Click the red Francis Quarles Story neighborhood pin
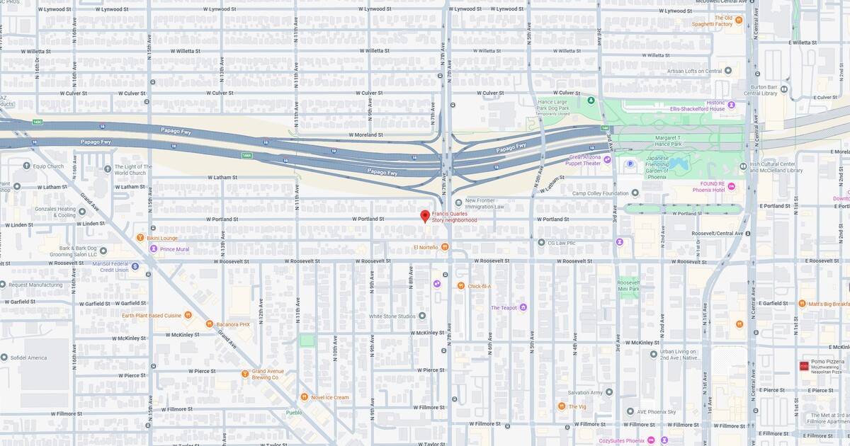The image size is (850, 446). tap(425, 216)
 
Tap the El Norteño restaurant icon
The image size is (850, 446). tap(445, 247)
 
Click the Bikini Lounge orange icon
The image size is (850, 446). tap(140, 238)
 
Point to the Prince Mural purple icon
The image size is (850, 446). tap(153, 248)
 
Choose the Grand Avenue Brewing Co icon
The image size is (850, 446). tap(245, 373)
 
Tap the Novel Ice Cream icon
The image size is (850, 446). tap(304, 397)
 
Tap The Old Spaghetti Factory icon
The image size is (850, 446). tap(738, 21)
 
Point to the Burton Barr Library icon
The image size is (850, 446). tap(785, 90)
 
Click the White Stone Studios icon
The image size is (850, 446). tap(422, 316)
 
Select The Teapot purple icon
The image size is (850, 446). tap(523, 307)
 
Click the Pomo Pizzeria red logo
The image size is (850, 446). tap(804, 366)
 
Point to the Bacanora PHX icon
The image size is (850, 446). tap(210, 324)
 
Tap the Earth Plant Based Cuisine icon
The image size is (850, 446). tap(188, 315)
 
